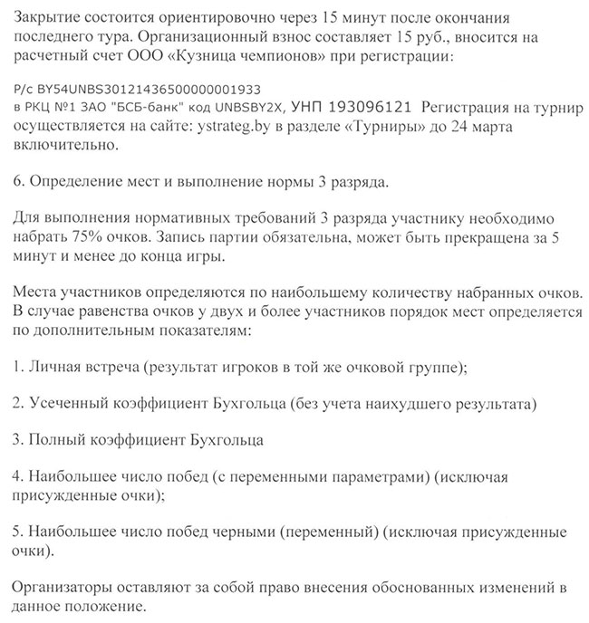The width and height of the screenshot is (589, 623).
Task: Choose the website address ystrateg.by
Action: coord(235,128)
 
